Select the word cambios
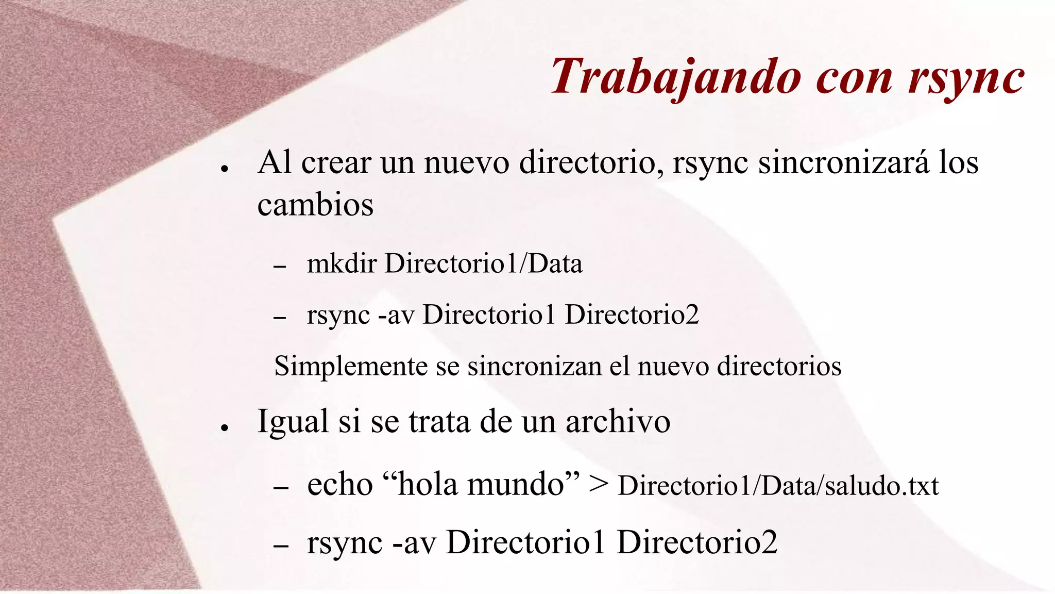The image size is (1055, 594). pyautogui.click(x=315, y=205)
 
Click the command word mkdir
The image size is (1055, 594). pyautogui.click(x=342, y=263)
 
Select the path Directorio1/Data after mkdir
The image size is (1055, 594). pyautogui.click(x=484, y=263)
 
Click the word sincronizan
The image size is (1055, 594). pyautogui.click(x=534, y=367)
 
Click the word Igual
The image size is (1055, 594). pyautogui.click(x=293, y=422)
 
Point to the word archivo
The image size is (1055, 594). pyautogui.click(x=618, y=422)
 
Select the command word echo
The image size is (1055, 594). pyautogui.click(x=339, y=485)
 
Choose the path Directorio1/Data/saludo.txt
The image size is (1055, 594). pyautogui.click(x=778, y=486)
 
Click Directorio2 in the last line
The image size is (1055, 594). pyautogui.click(x=697, y=542)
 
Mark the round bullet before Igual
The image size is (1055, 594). pyautogui.click(x=224, y=428)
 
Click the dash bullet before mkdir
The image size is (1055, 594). pyautogui.click(x=280, y=267)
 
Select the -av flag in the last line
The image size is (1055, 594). pyautogui.click(x=414, y=543)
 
